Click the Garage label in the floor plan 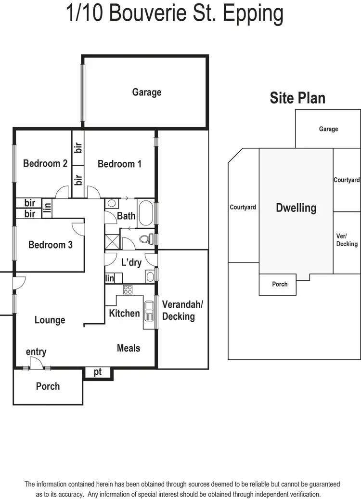click(x=147, y=92)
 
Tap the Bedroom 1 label click(x=119, y=164)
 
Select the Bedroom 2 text click(x=45, y=163)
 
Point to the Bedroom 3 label click(x=50, y=245)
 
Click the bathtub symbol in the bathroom click(x=145, y=212)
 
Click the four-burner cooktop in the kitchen click(x=128, y=289)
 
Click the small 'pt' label click(x=98, y=372)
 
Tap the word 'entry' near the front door click(x=36, y=352)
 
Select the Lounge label click(x=50, y=320)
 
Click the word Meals click(x=129, y=348)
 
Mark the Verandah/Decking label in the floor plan click(x=178, y=310)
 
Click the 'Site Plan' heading click(x=297, y=98)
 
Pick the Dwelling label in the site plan click(x=296, y=208)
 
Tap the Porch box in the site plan click(x=280, y=284)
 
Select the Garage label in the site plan click(x=328, y=129)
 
